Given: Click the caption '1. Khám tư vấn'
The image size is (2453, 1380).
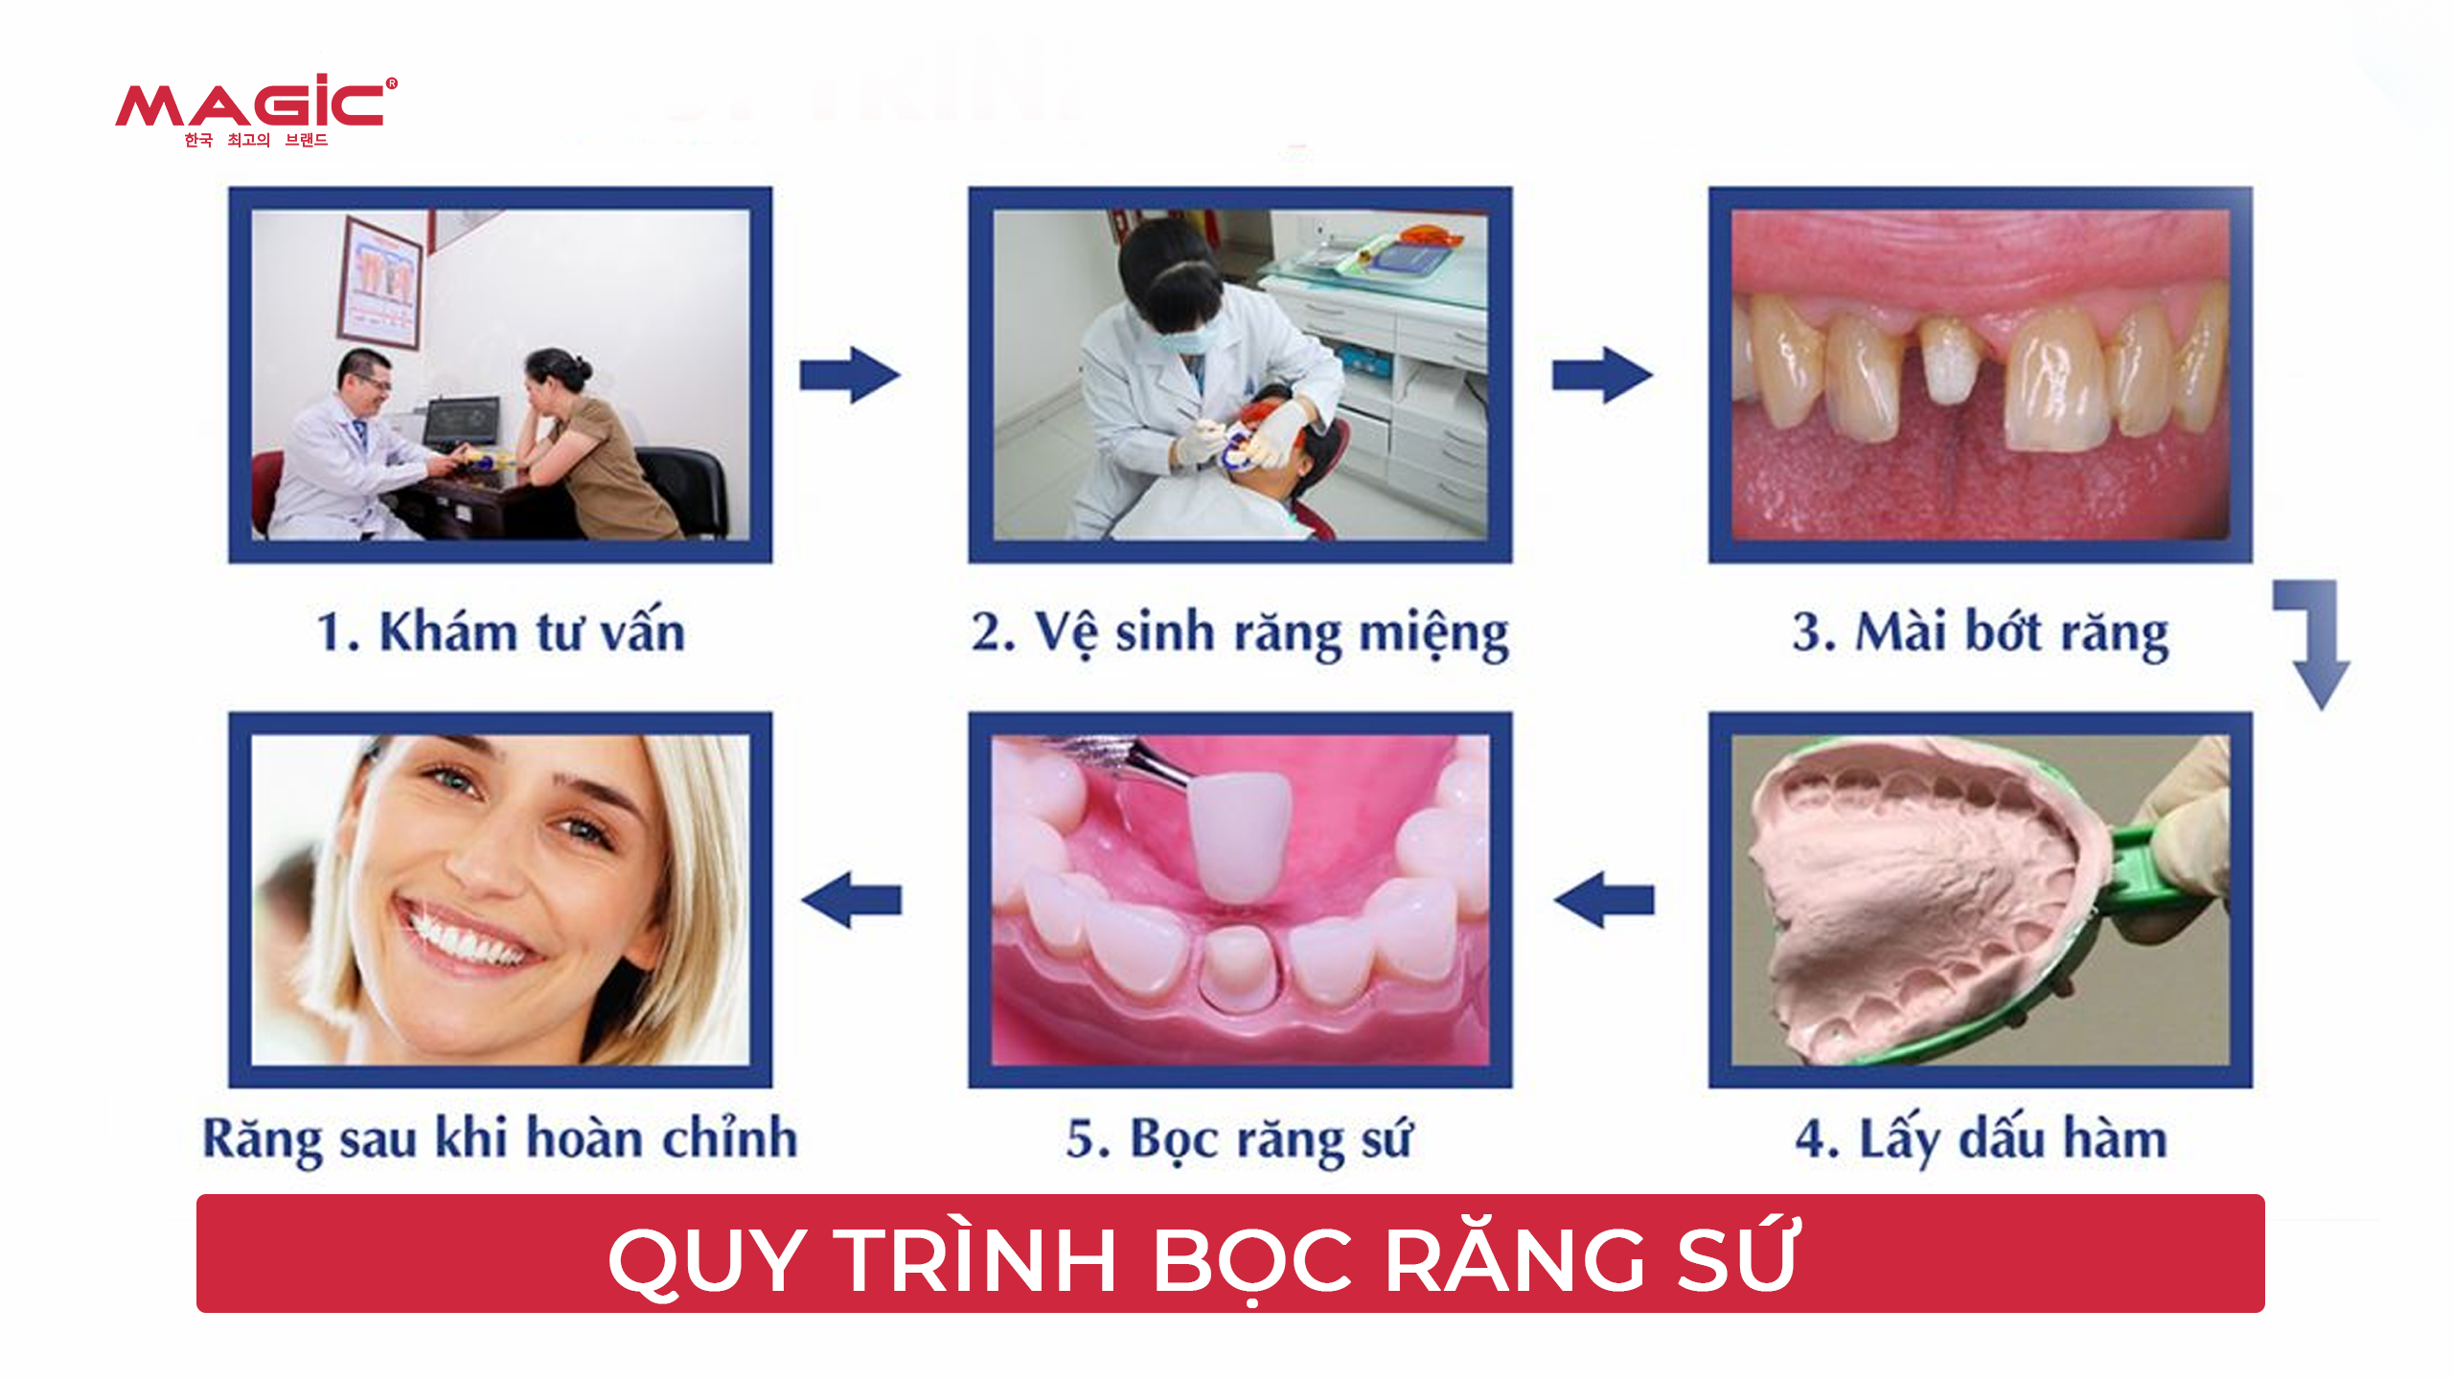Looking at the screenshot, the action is [x=501, y=632].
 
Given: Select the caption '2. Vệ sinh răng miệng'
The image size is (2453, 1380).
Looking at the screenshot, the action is [x=1240, y=633].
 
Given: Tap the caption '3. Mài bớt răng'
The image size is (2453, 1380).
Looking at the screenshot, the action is [x=1981, y=633].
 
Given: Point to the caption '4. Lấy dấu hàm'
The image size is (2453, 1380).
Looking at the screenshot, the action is [x=1981, y=1139].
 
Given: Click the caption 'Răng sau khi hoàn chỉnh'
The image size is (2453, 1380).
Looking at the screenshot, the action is [x=500, y=1139].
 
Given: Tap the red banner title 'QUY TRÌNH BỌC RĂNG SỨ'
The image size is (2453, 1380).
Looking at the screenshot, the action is [x=1204, y=1259].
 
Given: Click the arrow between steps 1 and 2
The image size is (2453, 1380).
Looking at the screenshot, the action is [x=850, y=375].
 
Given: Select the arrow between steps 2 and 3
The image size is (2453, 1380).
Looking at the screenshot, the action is [x=1602, y=375].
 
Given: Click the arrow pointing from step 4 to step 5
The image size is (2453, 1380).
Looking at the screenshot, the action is [x=1604, y=900].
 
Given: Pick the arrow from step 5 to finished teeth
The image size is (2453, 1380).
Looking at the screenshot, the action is [x=851, y=900].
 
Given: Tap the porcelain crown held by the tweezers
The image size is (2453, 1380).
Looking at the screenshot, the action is [x=1240, y=837].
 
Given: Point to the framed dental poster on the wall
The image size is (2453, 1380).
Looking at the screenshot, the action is [x=380, y=284].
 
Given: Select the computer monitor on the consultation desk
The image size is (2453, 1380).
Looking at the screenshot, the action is [x=462, y=421].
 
